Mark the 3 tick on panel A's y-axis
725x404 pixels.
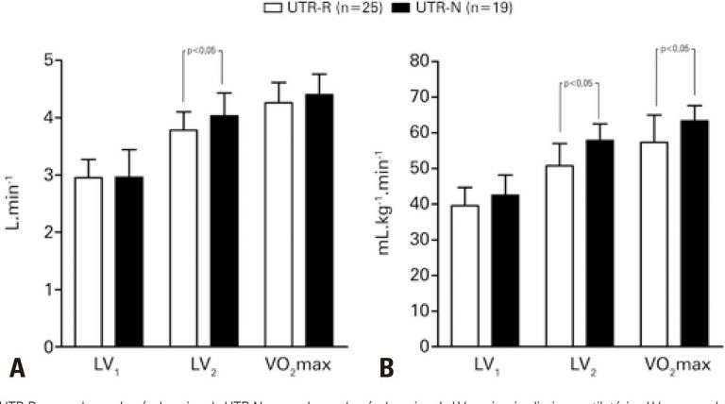[x=47, y=176]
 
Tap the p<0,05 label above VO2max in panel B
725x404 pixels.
[x=677, y=48]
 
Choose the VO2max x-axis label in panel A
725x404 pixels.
[x=296, y=365]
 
